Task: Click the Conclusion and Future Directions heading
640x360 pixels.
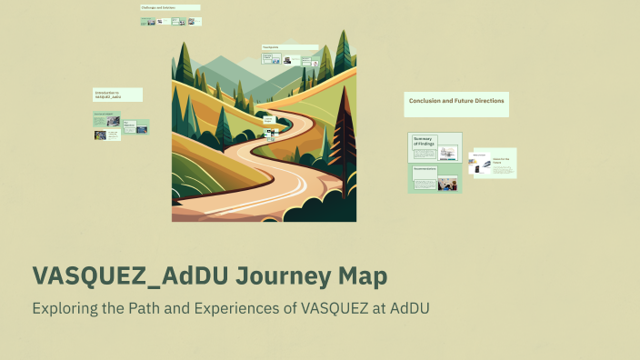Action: click(x=456, y=100)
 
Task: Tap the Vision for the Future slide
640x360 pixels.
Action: click(x=502, y=162)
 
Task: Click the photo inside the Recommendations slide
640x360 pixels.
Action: click(x=446, y=183)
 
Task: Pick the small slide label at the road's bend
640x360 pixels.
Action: click(x=268, y=119)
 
